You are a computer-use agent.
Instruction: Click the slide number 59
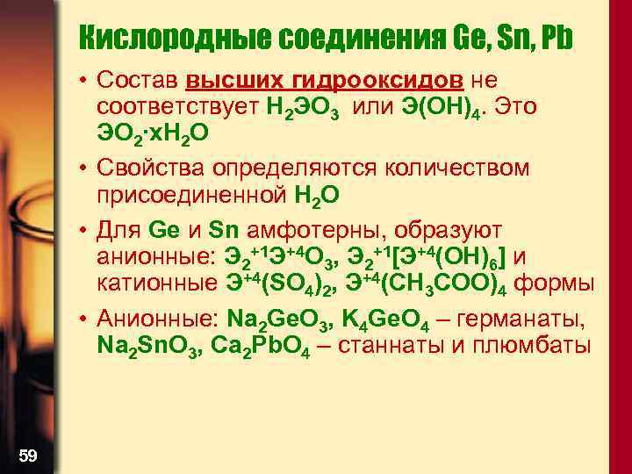coord(28,454)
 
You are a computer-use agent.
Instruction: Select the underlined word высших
coord(231,82)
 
